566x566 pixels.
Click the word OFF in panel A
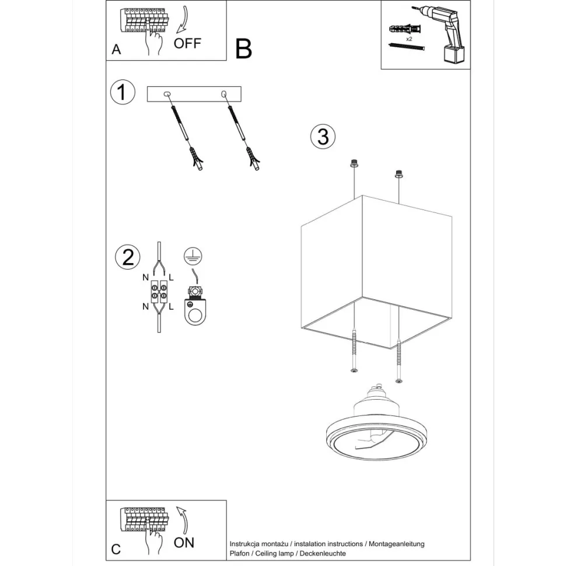(187, 43)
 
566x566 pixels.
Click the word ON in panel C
(184, 543)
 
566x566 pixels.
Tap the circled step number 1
(123, 92)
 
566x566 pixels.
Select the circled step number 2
(128, 257)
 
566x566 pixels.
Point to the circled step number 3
(323, 137)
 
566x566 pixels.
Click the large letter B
(243, 49)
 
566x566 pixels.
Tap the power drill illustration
(447, 34)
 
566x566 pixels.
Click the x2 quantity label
(409, 39)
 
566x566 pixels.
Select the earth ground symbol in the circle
(193, 257)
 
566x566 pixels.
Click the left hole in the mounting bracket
(167, 94)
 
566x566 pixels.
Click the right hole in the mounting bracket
(224, 94)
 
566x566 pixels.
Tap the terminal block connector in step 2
(159, 292)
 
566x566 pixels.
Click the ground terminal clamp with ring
(195, 305)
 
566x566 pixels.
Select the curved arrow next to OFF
(183, 19)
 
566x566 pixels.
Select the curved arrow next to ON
(183, 520)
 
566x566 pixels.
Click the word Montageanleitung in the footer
(397, 544)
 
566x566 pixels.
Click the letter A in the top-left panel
(116, 50)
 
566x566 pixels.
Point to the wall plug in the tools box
(406, 29)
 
